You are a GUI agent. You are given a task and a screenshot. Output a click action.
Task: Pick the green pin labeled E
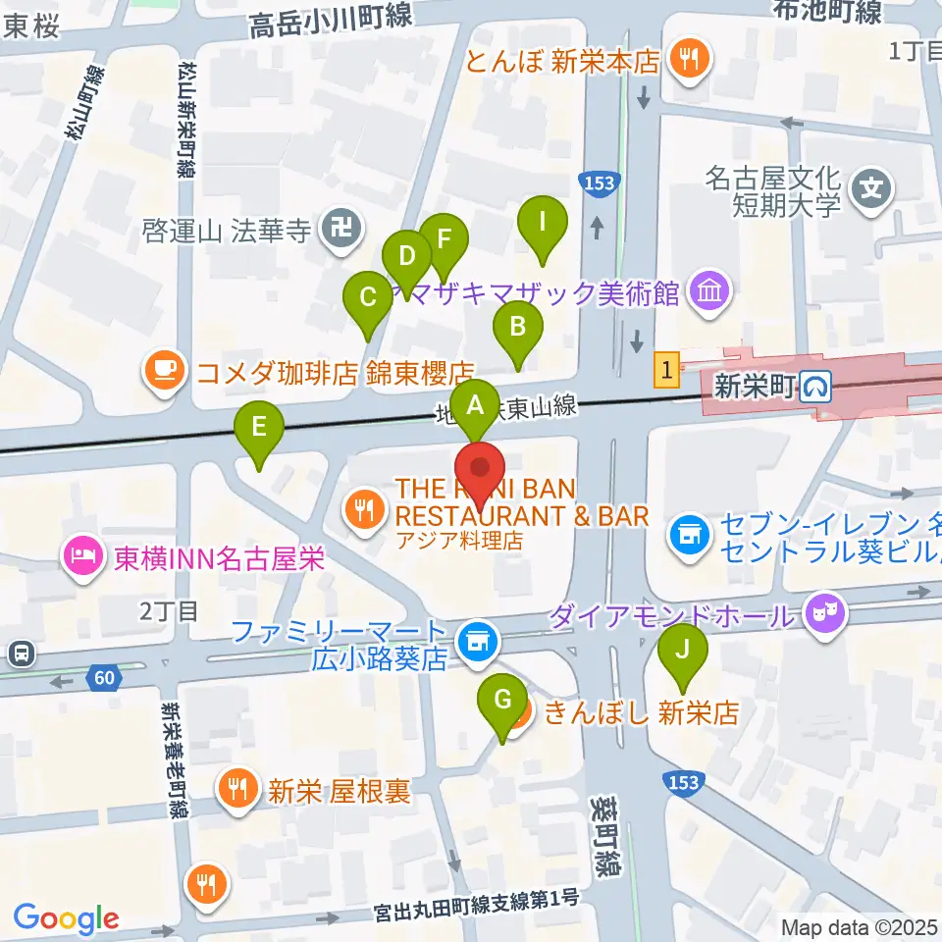[x=259, y=428]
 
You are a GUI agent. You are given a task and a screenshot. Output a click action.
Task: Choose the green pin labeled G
[x=502, y=701]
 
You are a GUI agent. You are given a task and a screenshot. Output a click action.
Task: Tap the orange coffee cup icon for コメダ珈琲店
[x=163, y=370]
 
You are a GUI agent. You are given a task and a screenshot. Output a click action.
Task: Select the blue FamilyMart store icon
[x=479, y=642]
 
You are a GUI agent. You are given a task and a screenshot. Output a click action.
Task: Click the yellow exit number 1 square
[x=667, y=371]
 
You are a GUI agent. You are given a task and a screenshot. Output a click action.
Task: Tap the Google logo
[x=66, y=918]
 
